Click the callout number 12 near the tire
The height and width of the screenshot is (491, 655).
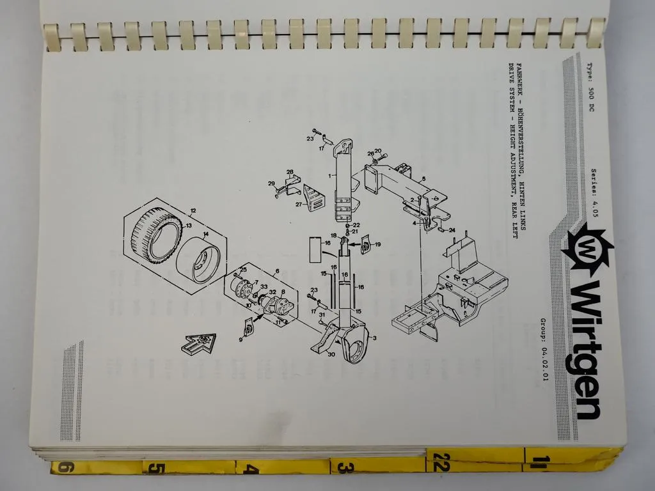[x=193, y=210]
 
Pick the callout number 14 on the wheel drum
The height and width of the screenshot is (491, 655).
[x=205, y=235]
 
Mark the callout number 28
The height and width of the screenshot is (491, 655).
[x=289, y=172]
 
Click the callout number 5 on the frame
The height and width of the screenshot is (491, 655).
[x=423, y=178]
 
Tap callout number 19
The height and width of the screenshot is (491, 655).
[x=378, y=244]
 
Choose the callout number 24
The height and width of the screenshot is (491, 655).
[x=452, y=230]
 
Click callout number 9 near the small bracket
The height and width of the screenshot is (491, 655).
[x=241, y=339]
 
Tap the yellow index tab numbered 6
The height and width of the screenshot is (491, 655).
[x=64, y=469]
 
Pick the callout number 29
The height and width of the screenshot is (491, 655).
[x=271, y=183]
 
